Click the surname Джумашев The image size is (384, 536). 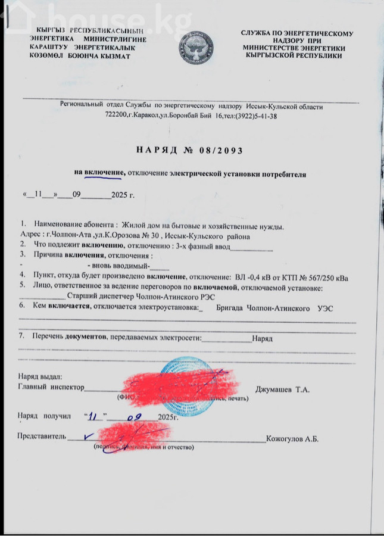coord(274,389)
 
